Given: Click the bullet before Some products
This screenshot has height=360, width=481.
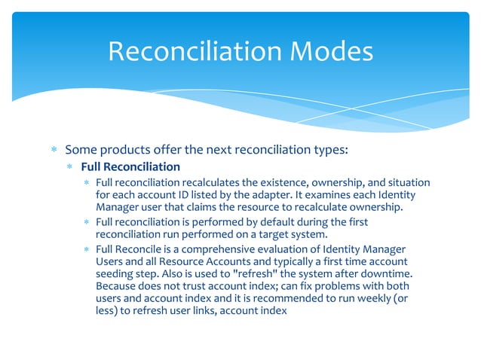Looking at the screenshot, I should pyautogui.click(x=54, y=149).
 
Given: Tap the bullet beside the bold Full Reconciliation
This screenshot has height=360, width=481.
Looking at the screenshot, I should pyautogui.click(x=70, y=166).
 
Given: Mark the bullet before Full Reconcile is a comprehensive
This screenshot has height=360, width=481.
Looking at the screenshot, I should pyautogui.click(x=87, y=249).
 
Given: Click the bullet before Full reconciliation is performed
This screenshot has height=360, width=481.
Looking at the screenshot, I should pyautogui.click(x=87, y=222).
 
